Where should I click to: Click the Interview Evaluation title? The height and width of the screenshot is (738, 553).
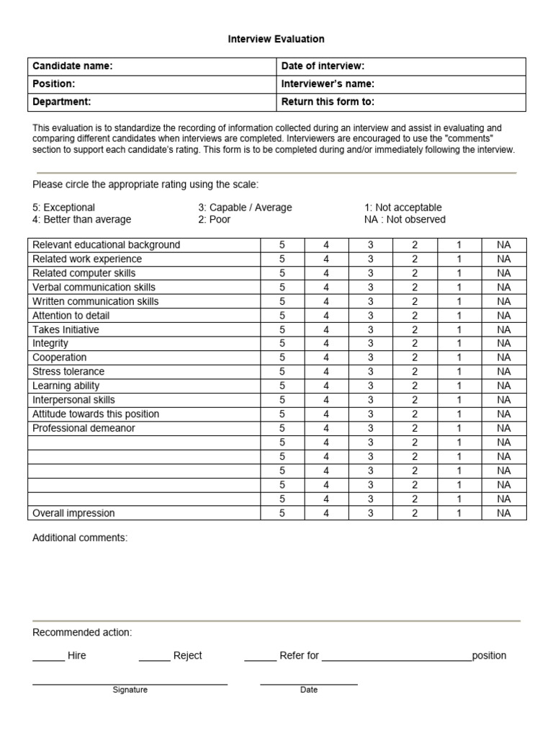point(276,39)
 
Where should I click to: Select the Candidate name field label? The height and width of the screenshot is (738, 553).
point(73,66)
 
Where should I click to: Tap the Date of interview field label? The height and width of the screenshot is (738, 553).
point(323,66)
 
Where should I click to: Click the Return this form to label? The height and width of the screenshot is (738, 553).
point(328,102)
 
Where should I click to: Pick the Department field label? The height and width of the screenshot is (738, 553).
point(62,102)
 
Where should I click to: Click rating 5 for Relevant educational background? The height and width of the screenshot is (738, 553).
point(282,245)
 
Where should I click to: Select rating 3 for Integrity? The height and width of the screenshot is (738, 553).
point(371,344)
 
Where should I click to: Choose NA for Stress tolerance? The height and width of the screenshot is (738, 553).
point(503,372)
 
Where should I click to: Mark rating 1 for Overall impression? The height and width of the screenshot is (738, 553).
point(459,513)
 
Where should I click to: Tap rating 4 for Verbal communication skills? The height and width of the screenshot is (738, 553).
point(326,288)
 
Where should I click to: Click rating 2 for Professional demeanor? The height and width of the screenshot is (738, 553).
point(415,428)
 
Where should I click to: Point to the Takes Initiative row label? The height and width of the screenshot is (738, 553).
point(66,329)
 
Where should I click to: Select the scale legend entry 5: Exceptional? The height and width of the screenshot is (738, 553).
point(64,208)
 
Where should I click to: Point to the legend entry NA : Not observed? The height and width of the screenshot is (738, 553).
point(405,220)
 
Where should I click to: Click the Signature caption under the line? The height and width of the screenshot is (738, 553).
point(130,690)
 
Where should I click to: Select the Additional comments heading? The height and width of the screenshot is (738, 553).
point(80,538)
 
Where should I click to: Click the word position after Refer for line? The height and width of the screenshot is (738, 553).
point(489,656)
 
